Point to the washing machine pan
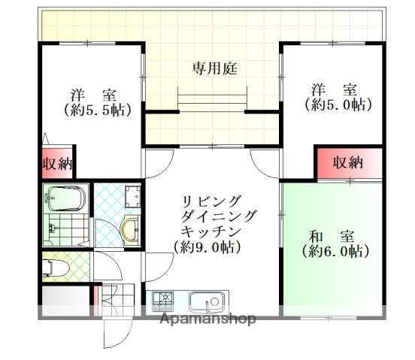[x=133, y=197]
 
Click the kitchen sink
[x=207, y=302]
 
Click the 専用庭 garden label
[x=214, y=69]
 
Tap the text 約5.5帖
[x=98, y=110]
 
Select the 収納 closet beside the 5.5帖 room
[x=56, y=163]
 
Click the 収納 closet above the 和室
[x=348, y=162]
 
